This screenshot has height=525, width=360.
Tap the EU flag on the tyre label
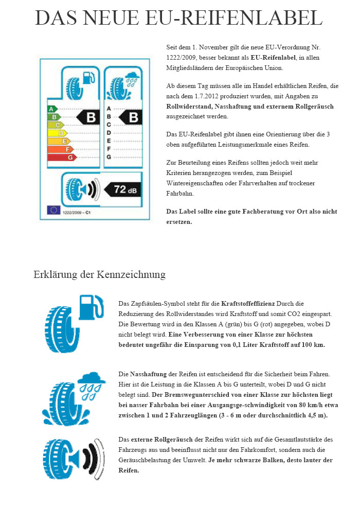[53, 209]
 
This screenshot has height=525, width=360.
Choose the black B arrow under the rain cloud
[131, 117]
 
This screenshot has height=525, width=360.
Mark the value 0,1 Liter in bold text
[243, 345]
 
